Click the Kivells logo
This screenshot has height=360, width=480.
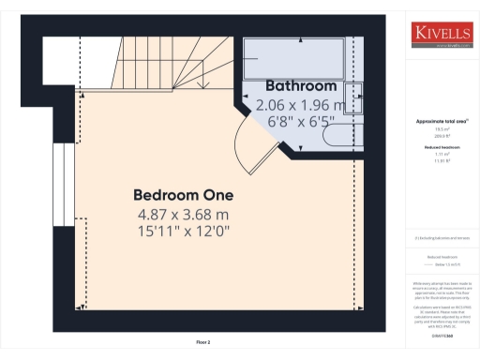tap(441, 35)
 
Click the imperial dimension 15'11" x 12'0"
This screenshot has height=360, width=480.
tap(183, 230)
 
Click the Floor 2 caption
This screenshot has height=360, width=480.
tap(203, 343)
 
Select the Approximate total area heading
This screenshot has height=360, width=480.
tap(441, 123)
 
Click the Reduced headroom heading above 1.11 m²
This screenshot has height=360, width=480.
tap(441, 148)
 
